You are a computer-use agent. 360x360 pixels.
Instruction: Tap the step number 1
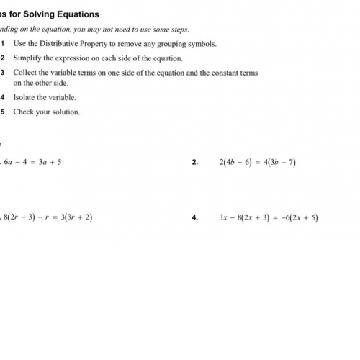[3, 43]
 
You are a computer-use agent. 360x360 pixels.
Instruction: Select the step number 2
[3, 58]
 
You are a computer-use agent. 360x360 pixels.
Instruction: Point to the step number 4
[3, 97]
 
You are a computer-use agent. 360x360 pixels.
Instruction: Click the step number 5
[3, 112]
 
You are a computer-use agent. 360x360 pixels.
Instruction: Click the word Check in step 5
[23, 112]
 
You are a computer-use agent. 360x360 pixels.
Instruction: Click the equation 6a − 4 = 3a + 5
[33, 162]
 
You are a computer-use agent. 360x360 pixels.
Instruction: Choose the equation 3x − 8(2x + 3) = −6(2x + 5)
[269, 217]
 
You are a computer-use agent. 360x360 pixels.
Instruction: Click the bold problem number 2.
[195, 162]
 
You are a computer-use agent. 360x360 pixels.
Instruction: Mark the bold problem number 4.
[195, 217]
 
